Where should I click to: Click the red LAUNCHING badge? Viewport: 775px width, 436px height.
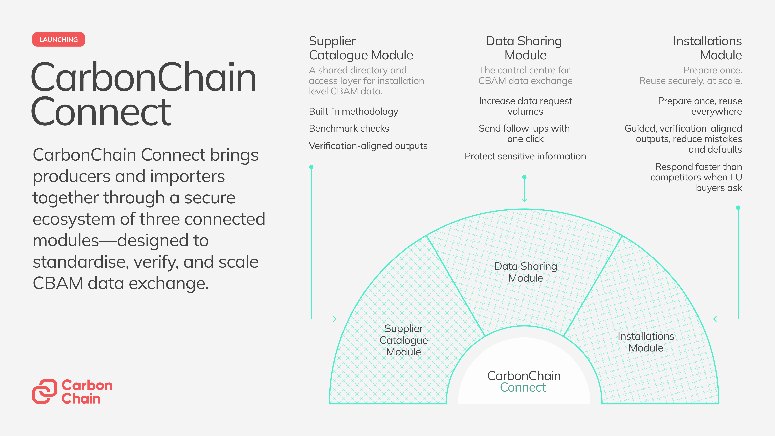click(x=59, y=39)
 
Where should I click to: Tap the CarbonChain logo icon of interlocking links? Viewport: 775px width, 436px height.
click(x=45, y=391)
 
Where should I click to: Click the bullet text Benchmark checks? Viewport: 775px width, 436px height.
click(x=349, y=129)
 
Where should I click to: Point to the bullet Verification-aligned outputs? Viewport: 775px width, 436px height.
click(x=368, y=146)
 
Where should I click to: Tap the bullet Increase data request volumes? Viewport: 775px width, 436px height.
click(x=525, y=106)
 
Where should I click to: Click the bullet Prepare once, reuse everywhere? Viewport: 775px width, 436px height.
click(x=700, y=106)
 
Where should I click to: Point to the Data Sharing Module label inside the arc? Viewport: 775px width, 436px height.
click(x=526, y=272)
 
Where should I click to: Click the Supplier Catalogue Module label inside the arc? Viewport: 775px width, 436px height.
click(x=404, y=340)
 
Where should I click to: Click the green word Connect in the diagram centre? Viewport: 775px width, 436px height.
click(x=523, y=388)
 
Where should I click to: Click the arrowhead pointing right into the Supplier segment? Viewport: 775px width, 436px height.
click(x=334, y=319)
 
